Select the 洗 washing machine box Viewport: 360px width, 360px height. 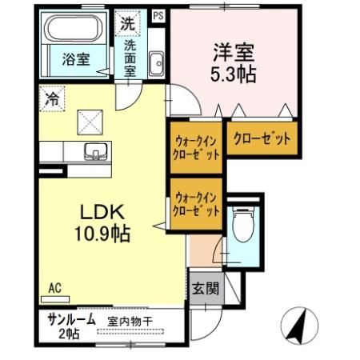tap(127, 23)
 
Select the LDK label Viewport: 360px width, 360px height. tap(101, 214)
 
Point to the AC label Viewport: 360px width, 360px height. tap(54, 288)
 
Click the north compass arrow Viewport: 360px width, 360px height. tap(302, 324)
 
